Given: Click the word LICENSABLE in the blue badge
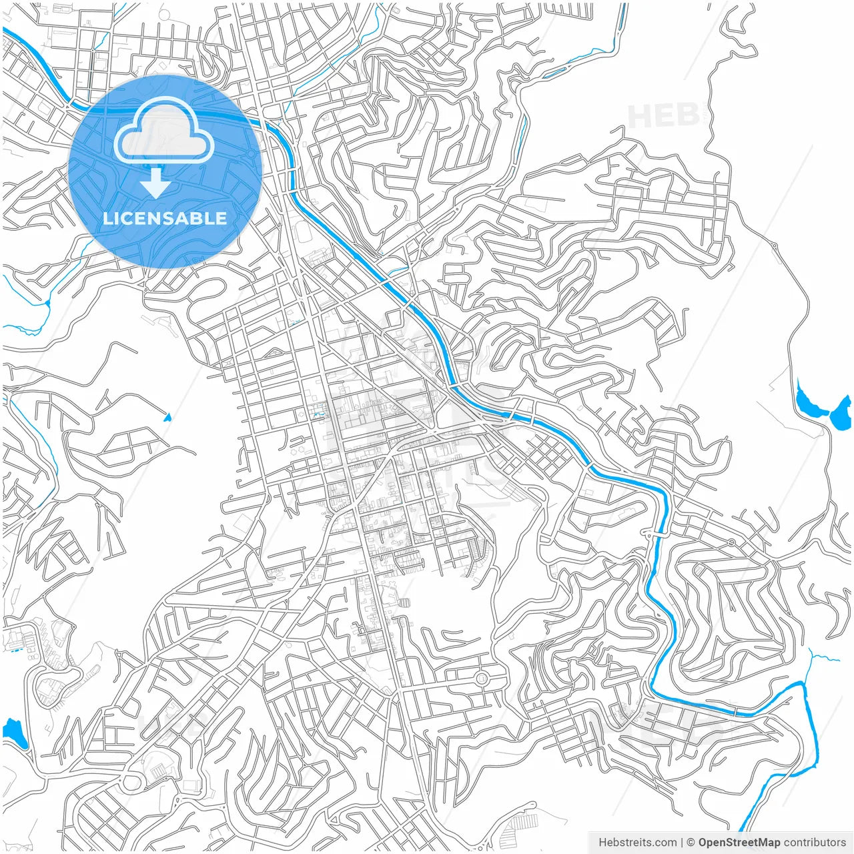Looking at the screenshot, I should coord(165,218).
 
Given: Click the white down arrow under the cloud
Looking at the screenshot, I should coord(155,183).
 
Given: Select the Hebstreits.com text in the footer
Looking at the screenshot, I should coord(637,843).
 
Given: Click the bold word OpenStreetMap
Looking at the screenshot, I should coord(739,843).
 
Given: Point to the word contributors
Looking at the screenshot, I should coord(815,843).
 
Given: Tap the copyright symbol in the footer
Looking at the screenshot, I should coord(691,843).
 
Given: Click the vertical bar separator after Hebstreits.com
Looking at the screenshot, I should coord(682,843).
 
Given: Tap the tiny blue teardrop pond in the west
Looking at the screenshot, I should coord(167,418).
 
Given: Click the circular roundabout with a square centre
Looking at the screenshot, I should coord(481,679).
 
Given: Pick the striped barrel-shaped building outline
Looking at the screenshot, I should coord(404,602).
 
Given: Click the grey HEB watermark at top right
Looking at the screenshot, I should coord(663,116).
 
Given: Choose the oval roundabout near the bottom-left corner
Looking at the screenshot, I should coord(131,781).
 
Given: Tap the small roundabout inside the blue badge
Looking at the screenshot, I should coord(251,154).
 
